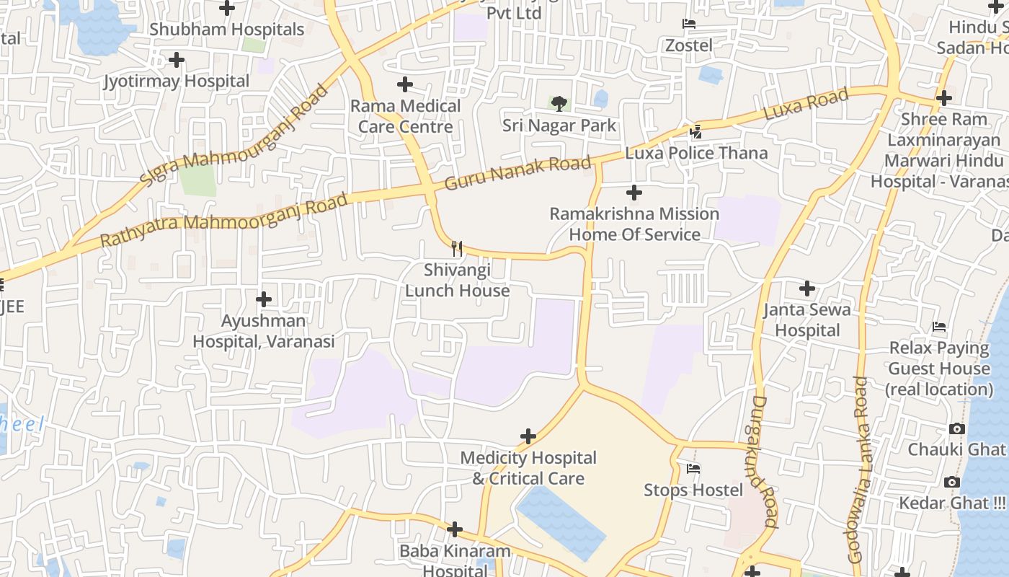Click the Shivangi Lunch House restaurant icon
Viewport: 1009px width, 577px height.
[x=456, y=249]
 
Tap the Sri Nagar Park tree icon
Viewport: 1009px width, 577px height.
[x=559, y=104]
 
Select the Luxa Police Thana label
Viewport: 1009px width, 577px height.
[x=696, y=153]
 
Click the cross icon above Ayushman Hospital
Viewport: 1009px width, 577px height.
[x=264, y=299]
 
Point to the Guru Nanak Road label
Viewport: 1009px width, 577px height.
[x=517, y=173]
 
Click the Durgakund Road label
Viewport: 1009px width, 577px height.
[x=765, y=462]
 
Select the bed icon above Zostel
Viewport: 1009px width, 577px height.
[x=688, y=24]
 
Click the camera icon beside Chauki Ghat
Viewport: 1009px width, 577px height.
[x=956, y=428]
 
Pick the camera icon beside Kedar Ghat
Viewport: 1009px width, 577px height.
[x=952, y=482]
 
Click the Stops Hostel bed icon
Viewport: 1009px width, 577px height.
[x=693, y=469]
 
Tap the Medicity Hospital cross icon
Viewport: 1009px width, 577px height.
[x=528, y=436]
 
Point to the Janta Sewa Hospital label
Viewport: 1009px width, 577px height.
[x=807, y=320]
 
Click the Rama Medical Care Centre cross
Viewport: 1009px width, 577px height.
[x=405, y=84]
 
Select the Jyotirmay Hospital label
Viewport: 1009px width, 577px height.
[x=177, y=81]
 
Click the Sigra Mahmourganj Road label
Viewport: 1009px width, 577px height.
[x=234, y=135]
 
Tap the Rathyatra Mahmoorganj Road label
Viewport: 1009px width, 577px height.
[x=223, y=220]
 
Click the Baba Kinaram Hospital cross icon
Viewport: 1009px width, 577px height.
[x=454, y=530]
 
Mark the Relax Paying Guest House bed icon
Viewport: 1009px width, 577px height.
[x=938, y=327]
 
